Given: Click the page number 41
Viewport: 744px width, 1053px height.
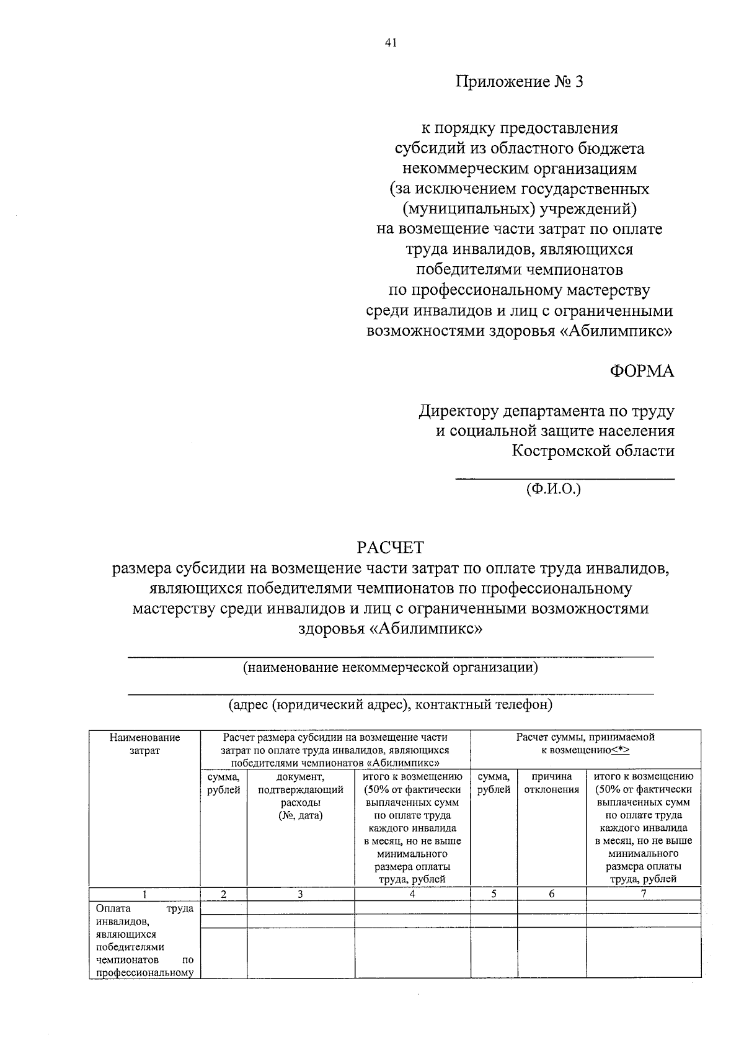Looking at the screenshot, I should coord(390,43).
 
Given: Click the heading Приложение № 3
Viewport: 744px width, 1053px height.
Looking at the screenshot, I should coord(520,82).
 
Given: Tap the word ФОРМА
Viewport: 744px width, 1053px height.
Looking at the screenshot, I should coord(642,371).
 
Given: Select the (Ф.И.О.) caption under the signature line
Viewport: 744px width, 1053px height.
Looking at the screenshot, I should coord(554,489).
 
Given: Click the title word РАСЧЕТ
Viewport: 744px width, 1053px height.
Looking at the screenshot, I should coord(390,547).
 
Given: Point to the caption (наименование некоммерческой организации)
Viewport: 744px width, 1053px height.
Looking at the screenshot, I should coord(390,668).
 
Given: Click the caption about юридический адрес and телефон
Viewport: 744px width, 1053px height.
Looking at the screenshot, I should coord(390,705).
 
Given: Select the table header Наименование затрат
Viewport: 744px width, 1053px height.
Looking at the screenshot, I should coord(144,744).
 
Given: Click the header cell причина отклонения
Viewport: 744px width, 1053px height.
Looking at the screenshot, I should coord(552,783).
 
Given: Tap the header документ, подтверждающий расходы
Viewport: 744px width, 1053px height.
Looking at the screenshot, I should coord(300,795).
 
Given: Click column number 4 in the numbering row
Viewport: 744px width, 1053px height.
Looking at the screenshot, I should coord(412,894).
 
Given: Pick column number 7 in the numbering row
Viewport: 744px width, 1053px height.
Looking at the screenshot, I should coord(644,894).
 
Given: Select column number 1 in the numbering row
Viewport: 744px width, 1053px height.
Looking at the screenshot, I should coord(144,894).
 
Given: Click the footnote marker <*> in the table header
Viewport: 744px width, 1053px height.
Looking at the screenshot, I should coord(620,750).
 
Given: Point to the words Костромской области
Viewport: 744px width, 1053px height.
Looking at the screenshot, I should coord(593,451).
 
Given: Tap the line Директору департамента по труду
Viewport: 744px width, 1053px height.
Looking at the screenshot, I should coord(546,411).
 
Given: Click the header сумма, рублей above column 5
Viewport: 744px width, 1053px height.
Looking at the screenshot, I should coord(494,783).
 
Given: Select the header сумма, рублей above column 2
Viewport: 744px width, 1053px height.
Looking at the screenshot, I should coord(223,783).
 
